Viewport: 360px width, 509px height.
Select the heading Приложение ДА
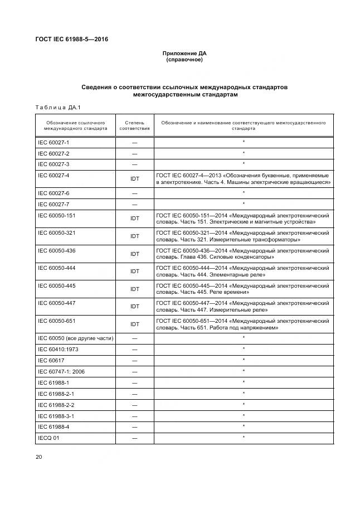click(184, 54)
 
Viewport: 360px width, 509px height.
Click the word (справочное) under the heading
click(184, 60)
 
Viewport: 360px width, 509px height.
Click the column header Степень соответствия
click(134, 125)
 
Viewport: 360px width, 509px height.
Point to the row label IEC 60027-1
click(53, 142)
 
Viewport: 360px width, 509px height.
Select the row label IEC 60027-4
click(53, 175)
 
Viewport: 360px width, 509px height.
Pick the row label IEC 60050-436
click(56, 250)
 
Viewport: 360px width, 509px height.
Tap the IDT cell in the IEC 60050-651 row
click(134, 324)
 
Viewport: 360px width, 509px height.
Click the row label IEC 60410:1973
click(58, 349)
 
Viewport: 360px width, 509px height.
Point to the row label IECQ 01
click(49, 438)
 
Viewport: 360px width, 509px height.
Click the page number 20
click(38, 457)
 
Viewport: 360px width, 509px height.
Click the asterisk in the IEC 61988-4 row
click(244, 426)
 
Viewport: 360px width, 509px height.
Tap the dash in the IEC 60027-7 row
click(134, 203)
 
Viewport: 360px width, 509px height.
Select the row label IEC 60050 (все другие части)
click(75, 338)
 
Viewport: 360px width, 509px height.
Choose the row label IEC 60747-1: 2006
click(61, 371)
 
